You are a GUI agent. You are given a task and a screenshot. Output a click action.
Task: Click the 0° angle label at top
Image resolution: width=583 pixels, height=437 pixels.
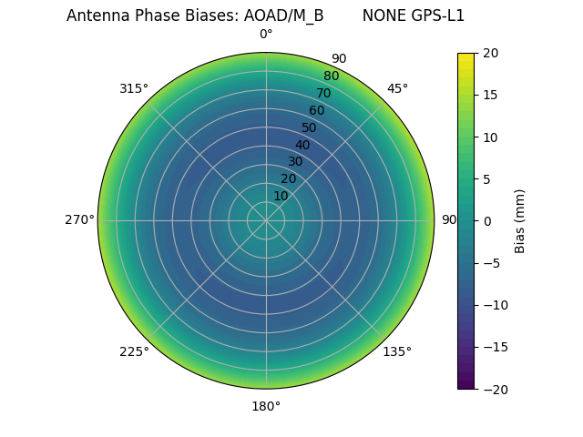pos(266,35)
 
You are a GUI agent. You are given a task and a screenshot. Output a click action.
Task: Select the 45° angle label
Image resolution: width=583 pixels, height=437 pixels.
pos(397,88)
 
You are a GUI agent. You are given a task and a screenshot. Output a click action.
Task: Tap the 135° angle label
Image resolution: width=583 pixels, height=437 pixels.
pos(397,351)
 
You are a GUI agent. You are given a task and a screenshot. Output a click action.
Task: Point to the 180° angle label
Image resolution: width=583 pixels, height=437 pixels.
pos(266,406)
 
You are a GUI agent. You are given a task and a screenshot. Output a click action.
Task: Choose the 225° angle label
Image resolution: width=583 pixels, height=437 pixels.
pos(134,351)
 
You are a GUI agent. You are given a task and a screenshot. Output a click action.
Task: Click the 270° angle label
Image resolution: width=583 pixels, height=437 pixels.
pos(79,220)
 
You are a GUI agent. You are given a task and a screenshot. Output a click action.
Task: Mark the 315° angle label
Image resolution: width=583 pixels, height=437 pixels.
pos(134,88)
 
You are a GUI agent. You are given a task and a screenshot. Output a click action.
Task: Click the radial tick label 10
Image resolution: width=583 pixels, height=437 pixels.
pos(281,196)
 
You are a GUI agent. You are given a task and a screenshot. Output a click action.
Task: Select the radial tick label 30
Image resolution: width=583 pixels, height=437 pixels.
pos(295,161)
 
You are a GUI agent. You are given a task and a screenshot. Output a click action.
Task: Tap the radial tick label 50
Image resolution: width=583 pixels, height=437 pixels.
pos(310,127)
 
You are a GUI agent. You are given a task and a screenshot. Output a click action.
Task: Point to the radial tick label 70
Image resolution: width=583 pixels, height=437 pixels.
pos(323,93)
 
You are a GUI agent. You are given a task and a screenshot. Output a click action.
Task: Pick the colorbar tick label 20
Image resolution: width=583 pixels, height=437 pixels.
pos(490,53)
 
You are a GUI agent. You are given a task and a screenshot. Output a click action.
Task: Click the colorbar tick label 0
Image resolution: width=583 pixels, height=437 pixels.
pos(486,220)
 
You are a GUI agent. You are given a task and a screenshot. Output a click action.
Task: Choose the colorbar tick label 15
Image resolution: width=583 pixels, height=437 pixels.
pos(490,95)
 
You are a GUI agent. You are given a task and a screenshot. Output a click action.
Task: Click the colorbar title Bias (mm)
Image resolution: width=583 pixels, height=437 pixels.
pos(520,220)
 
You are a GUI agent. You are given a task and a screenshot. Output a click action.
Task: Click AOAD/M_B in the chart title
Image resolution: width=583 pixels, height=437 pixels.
pos(283,15)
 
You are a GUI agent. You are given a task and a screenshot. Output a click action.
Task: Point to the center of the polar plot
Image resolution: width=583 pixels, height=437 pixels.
pos(266,220)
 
